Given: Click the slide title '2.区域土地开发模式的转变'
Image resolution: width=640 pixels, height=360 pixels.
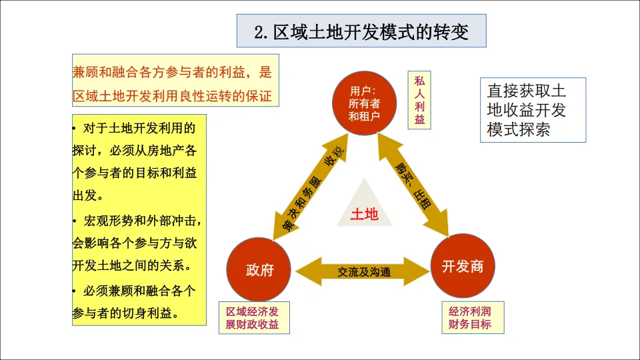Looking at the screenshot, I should tap(361, 31).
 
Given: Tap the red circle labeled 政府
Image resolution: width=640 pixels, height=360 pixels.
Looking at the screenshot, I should tap(259, 269).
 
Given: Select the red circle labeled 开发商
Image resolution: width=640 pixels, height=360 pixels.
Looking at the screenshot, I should tap(462, 267).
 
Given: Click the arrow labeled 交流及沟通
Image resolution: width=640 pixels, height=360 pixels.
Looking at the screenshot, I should tap(363, 271).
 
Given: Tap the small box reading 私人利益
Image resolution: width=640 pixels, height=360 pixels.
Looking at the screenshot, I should tap(419, 100).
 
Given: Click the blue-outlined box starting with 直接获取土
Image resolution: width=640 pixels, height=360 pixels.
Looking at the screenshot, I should tap(532, 110).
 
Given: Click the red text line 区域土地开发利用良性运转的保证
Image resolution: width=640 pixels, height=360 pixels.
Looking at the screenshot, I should tap(173, 95).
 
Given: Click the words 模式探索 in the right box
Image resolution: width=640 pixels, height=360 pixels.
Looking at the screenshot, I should tap(519, 129).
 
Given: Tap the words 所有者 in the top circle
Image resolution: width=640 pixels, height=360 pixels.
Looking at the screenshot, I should tap(364, 104).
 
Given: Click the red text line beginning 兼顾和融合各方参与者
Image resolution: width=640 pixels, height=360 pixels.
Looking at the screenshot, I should tap(173, 72).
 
